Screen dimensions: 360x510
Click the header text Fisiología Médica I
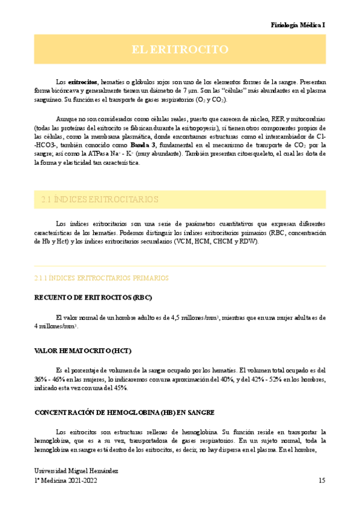pos(298,26)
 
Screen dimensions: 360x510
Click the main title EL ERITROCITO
pos(180,49)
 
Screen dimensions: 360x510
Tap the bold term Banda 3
pos(145,145)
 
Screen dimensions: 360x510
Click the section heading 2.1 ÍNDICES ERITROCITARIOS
pos(100,198)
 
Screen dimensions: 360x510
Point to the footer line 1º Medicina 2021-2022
pos(66,481)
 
